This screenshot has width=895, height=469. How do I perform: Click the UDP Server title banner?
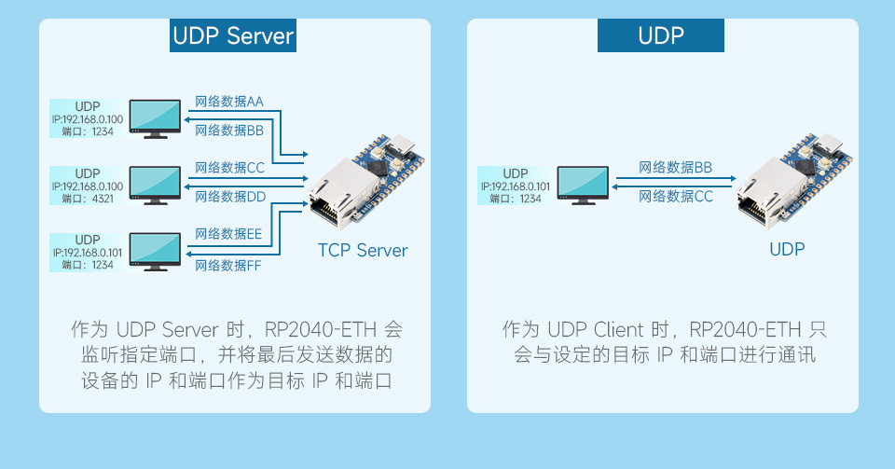click(233, 36)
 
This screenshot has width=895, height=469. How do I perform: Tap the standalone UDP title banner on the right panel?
click(660, 36)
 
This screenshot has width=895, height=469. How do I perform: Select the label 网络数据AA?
click(228, 101)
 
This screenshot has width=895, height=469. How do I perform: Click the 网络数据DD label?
click(230, 196)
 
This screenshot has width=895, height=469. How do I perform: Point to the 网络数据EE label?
click(228, 234)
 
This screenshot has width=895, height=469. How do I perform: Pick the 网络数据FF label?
click(228, 266)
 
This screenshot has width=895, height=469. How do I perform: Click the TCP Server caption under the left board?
click(363, 251)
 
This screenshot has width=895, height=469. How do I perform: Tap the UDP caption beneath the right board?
click(786, 249)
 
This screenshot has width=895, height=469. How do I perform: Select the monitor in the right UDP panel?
click(583, 186)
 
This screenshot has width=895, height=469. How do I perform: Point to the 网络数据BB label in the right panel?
click(675, 168)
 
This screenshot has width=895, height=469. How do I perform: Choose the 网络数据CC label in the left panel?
click(230, 168)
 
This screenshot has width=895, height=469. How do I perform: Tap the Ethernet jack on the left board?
click(334, 200)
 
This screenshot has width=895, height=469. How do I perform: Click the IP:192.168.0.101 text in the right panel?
click(516, 186)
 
